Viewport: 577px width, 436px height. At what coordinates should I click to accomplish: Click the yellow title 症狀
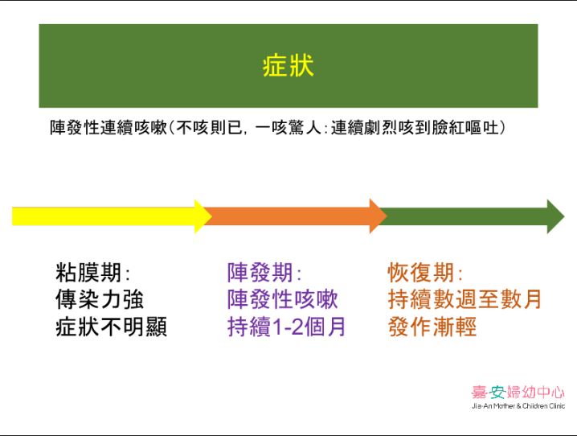(x=288, y=66)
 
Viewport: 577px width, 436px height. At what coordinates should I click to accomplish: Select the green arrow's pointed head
(x=563, y=216)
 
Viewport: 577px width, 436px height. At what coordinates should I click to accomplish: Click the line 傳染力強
(x=100, y=299)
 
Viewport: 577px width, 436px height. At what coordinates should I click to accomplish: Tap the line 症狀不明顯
(x=111, y=327)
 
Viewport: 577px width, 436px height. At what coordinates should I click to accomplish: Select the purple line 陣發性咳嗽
(x=283, y=299)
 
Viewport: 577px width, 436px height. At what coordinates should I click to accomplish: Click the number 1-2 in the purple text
(x=288, y=327)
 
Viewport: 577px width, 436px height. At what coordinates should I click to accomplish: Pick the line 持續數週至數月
(x=464, y=299)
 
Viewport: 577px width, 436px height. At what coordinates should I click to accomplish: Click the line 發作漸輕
(x=432, y=327)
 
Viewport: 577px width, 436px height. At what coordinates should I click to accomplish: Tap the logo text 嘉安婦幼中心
(x=518, y=393)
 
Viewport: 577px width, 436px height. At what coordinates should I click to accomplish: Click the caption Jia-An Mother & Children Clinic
(x=518, y=406)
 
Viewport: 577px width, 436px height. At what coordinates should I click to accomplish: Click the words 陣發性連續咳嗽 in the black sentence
(x=109, y=128)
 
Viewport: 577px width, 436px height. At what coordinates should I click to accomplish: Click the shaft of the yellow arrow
(x=104, y=216)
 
